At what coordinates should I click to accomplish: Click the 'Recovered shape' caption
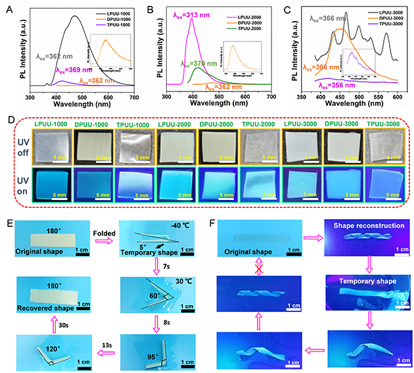coord(42,304)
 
